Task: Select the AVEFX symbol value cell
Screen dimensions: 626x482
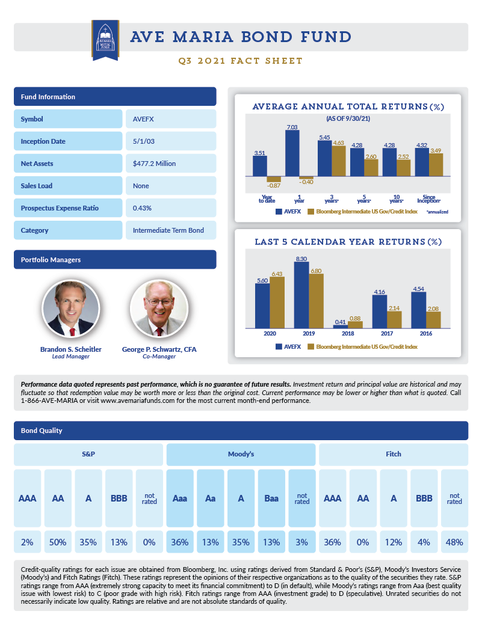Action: coord(170,119)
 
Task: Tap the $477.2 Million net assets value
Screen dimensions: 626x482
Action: coord(170,164)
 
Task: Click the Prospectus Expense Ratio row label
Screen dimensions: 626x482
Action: coord(68,208)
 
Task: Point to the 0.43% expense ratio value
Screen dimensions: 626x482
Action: coord(170,208)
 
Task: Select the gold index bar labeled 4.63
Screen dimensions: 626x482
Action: coord(339,161)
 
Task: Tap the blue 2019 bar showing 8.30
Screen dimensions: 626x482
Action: coord(301,295)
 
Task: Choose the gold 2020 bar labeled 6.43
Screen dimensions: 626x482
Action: coord(277,302)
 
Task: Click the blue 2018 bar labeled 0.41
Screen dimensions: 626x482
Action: coord(340,326)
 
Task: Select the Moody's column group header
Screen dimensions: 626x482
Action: coord(241,454)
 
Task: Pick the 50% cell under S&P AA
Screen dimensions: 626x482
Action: coord(58,542)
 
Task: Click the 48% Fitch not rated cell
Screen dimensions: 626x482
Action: coord(454,542)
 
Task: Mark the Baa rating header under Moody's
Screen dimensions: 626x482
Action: coord(271,499)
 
